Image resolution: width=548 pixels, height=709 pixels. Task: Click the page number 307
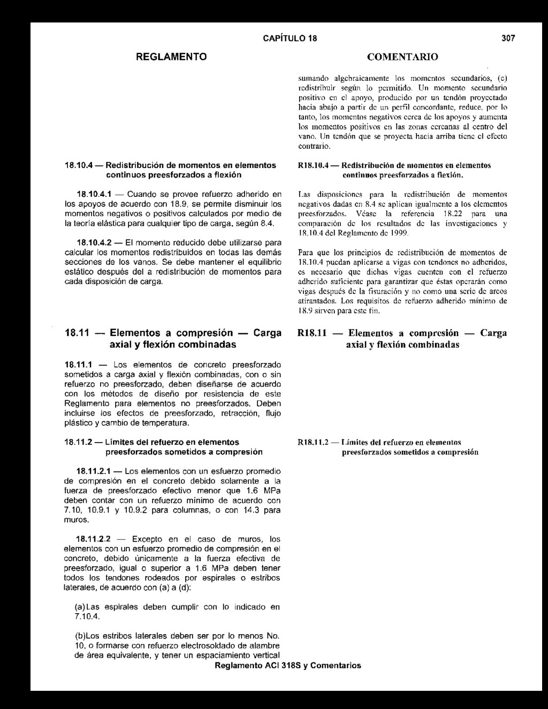coord(508,39)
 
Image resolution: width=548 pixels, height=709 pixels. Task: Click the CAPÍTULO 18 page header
coord(290,39)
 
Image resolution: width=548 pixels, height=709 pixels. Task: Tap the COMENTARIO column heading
coord(403,57)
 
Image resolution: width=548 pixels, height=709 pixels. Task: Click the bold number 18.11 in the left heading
coord(76,333)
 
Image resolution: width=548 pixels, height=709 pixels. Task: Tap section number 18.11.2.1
coord(94,471)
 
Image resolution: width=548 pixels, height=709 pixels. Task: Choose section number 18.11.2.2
coord(94,539)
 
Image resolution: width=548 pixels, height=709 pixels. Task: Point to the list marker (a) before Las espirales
coord(80,607)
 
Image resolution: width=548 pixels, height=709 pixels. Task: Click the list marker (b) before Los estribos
coord(80,636)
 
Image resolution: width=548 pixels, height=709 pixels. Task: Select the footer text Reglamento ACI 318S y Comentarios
coord(287,666)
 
